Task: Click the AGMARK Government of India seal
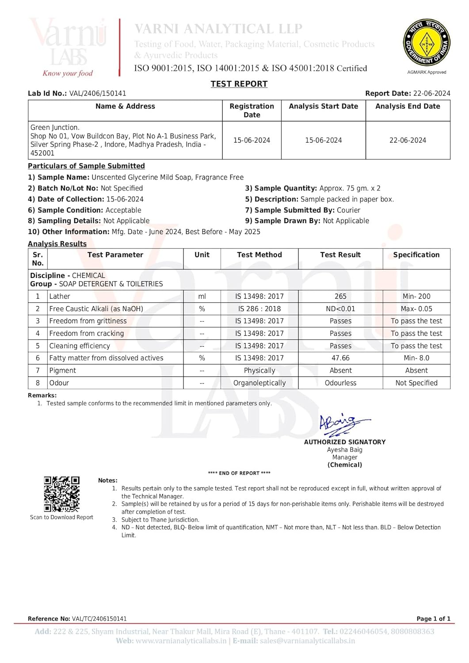[427, 43]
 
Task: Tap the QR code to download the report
[61, 494]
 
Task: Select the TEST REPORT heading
[239, 84]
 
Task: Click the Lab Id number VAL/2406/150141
[98, 94]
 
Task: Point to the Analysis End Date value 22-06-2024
[408, 140]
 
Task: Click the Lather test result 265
[340, 297]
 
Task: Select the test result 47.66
[340, 358]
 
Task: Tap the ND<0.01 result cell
[340, 309]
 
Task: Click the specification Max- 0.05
[416, 309]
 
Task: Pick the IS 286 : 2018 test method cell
[259, 309]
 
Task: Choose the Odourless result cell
[340, 383]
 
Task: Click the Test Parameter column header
[115, 255]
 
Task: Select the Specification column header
[416, 255]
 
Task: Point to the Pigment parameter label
[63, 370]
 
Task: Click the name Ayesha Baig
[345, 450]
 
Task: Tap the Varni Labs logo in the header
[69, 46]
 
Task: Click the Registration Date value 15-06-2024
[252, 140]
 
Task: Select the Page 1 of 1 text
[433, 619]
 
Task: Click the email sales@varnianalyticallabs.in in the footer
[307, 641]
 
